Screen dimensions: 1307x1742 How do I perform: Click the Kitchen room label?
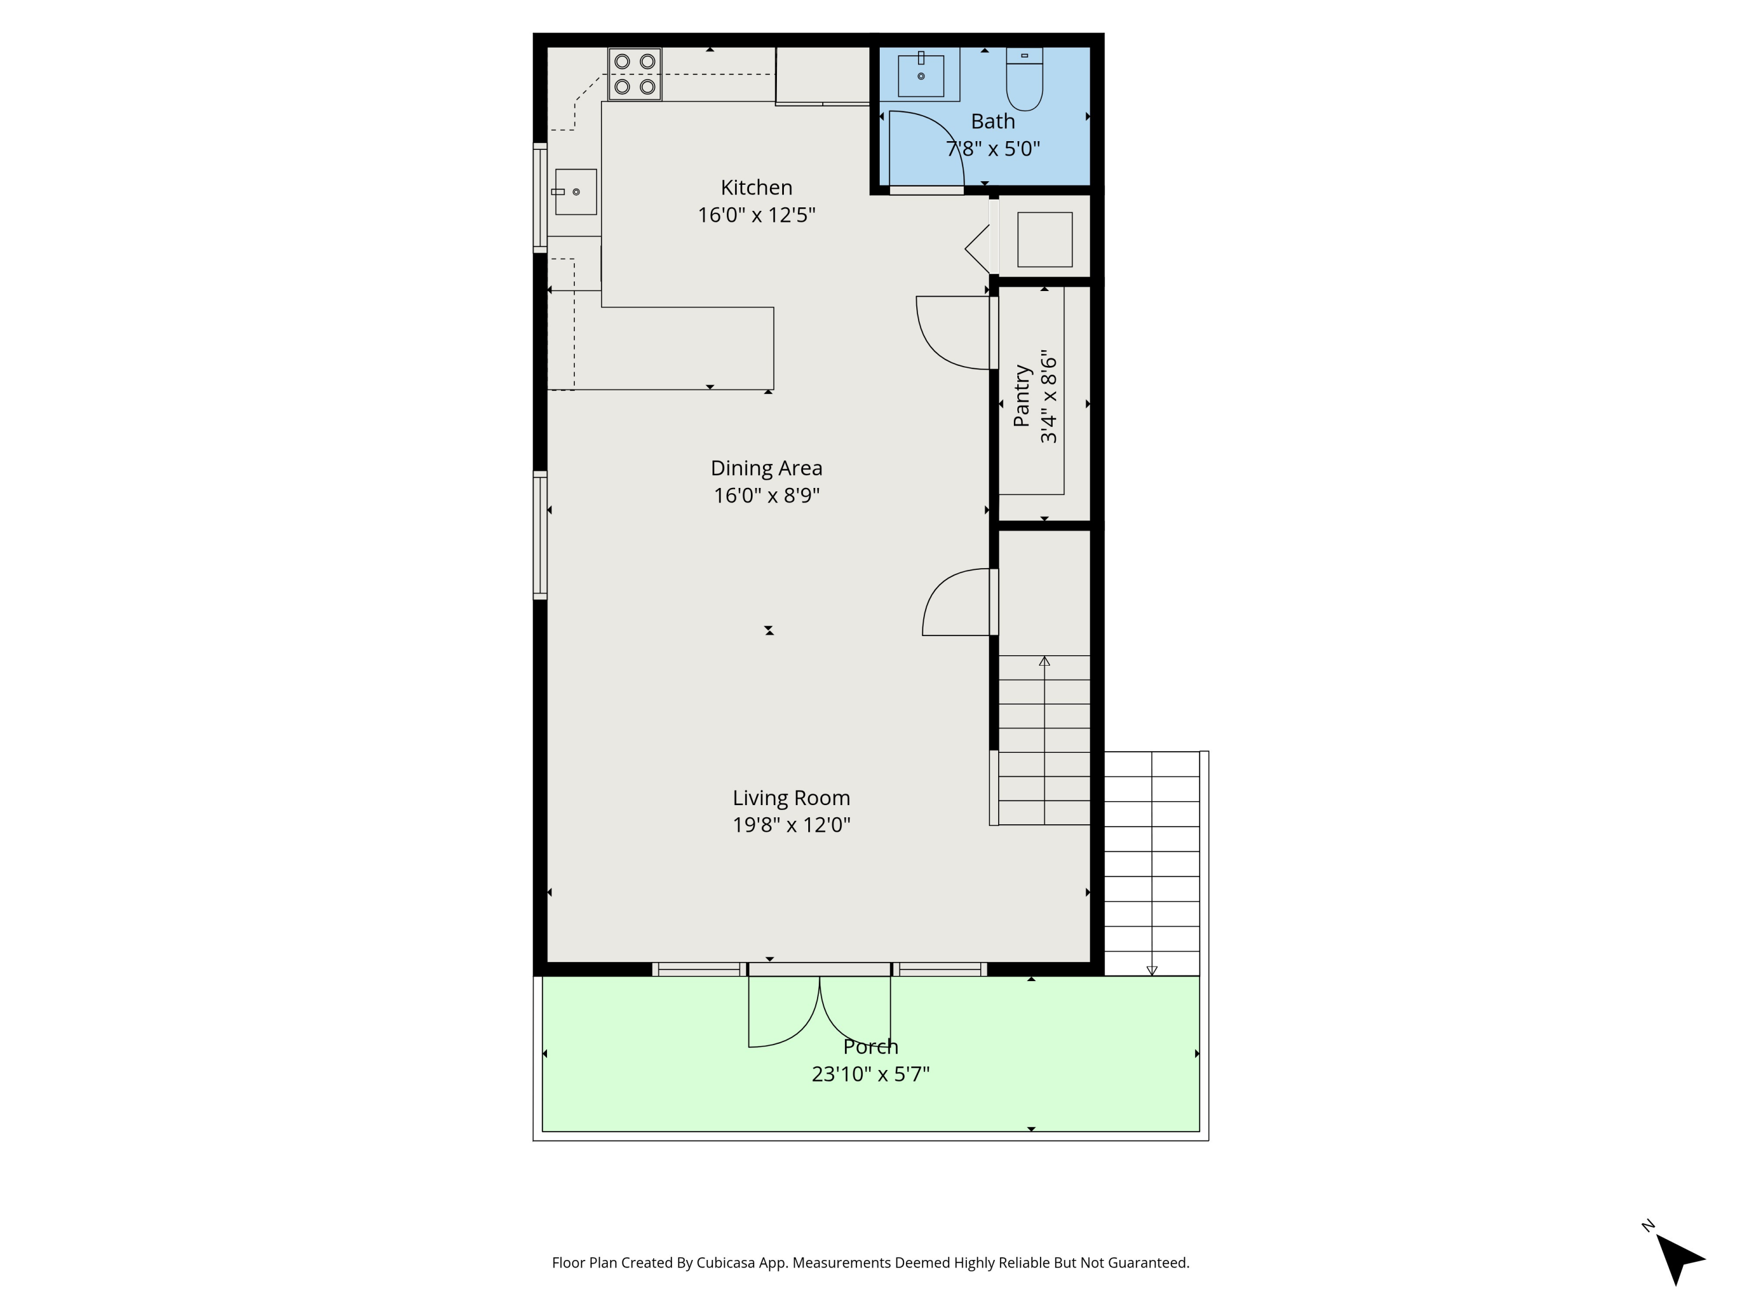756,188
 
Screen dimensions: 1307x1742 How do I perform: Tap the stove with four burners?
634,74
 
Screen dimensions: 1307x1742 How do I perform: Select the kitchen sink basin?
575,192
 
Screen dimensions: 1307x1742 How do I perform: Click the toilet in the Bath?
1024,80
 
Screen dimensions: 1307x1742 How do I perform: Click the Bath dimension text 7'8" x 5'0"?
992,149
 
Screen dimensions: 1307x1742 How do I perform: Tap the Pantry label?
1021,396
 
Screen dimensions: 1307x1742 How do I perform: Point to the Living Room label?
791,798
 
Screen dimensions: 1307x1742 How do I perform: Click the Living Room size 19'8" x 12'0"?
791,825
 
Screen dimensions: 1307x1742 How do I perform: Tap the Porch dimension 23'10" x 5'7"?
870,1074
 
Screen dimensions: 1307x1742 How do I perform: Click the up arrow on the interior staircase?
1044,662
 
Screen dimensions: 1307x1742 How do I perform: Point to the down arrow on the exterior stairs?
1151,971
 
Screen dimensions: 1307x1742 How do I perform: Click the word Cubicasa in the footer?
725,1263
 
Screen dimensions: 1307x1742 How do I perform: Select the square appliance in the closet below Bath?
1044,239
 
